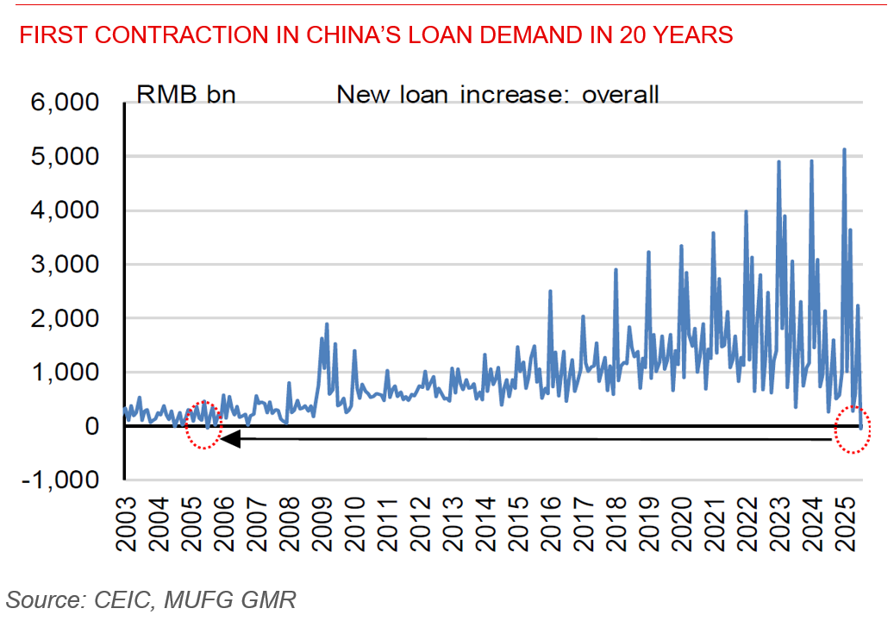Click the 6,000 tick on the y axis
coord(72,103)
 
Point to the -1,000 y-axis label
coord(68,480)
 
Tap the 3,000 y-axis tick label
coord(72,265)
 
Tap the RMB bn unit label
coord(184,94)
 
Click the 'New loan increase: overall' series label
coord(497,94)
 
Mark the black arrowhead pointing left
coord(229,438)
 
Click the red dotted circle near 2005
coord(203,424)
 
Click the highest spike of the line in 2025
coord(844,149)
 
